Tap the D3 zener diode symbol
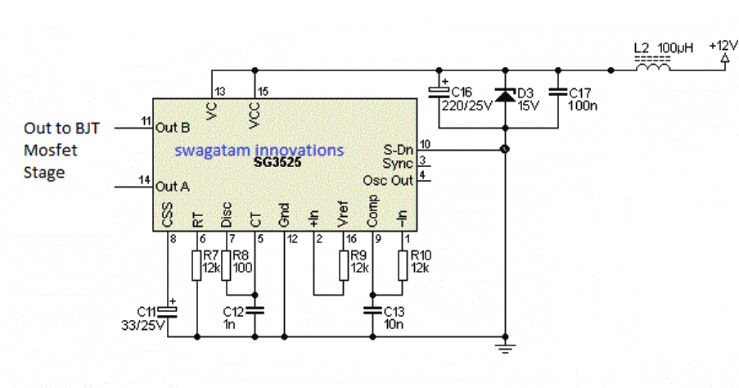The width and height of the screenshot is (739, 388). (x=505, y=97)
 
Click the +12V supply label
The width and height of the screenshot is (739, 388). (x=723, y=47)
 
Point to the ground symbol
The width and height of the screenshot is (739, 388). (x=505, y=348)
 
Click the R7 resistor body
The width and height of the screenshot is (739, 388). (x=197, y=266)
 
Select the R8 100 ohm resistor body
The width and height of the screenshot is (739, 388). (x=227, y=266)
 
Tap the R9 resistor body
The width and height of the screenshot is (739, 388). (x=344, y=266)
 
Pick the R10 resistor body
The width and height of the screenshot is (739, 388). (x=403, y=266)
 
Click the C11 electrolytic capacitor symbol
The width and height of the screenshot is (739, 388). (x=168, y=310)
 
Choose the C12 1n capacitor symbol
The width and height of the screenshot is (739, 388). (x=255, y=310)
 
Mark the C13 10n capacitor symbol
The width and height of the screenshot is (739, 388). (x=373, y=310)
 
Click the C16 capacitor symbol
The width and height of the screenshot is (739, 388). (x=439, y=92)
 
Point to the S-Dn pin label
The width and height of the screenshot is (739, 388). (x=399, y=150)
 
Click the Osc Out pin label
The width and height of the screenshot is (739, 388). (x=390, y=179)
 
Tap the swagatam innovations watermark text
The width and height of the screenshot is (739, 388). (x=259, y=150)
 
